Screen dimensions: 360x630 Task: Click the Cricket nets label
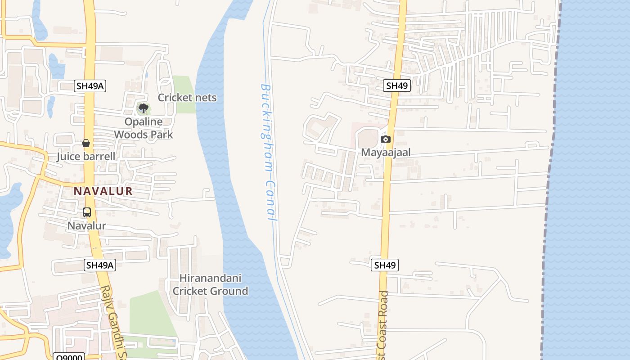(187, 98)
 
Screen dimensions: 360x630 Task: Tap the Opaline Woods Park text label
(143, 128)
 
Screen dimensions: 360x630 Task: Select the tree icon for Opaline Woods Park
(144, 108)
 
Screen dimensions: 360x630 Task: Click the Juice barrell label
(86, 157)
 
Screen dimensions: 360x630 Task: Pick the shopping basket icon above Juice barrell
(86, 143)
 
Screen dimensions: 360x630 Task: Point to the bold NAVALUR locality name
(103, 191)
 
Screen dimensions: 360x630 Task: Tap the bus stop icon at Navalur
(87, 212)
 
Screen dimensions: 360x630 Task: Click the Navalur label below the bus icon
(87, 226)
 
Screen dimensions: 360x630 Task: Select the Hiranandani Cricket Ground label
(210, 285)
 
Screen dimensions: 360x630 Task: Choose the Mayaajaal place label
(386, 153)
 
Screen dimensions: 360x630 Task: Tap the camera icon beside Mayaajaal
(385, 139)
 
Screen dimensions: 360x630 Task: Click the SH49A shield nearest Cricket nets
(90, 86)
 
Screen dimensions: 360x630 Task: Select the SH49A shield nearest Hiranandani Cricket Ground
(100, 265)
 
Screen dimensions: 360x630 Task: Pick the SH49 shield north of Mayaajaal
(397, 85)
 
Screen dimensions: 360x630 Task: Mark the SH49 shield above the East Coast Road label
(385, 265)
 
